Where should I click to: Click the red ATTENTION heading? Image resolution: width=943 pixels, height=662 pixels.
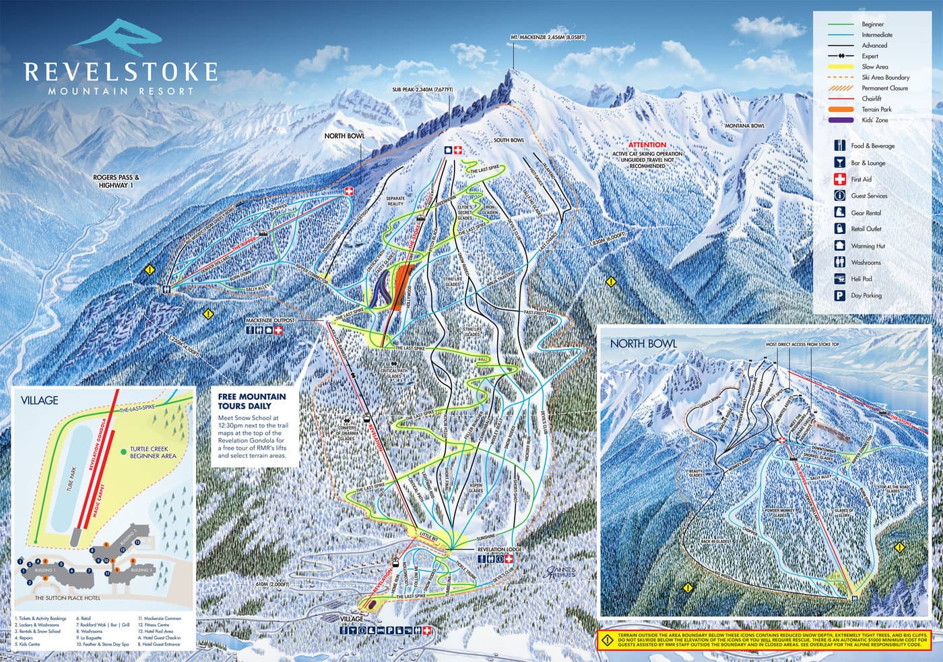pos(647,145)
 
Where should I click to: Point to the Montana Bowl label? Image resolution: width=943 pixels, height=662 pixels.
pos(744,126)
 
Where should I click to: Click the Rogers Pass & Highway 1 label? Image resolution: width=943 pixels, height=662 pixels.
pos(116,181)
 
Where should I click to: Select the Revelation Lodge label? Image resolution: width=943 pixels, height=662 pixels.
pos(499,549)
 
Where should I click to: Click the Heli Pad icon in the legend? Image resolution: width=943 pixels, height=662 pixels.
pos(839,279)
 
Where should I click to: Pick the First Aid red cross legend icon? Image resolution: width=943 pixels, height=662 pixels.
pos(839,179)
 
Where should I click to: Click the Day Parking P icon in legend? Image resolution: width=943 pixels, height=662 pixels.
pos(839,295)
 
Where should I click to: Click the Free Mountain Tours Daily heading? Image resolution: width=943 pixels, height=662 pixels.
pos(251,401)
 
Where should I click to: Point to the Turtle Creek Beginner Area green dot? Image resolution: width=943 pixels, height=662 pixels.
pos(123,450)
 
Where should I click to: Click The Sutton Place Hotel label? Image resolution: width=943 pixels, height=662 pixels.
pos(67,598)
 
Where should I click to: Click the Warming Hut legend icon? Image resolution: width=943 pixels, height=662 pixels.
pos(839,246)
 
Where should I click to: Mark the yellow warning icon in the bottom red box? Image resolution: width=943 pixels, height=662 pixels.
pos(607,639)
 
